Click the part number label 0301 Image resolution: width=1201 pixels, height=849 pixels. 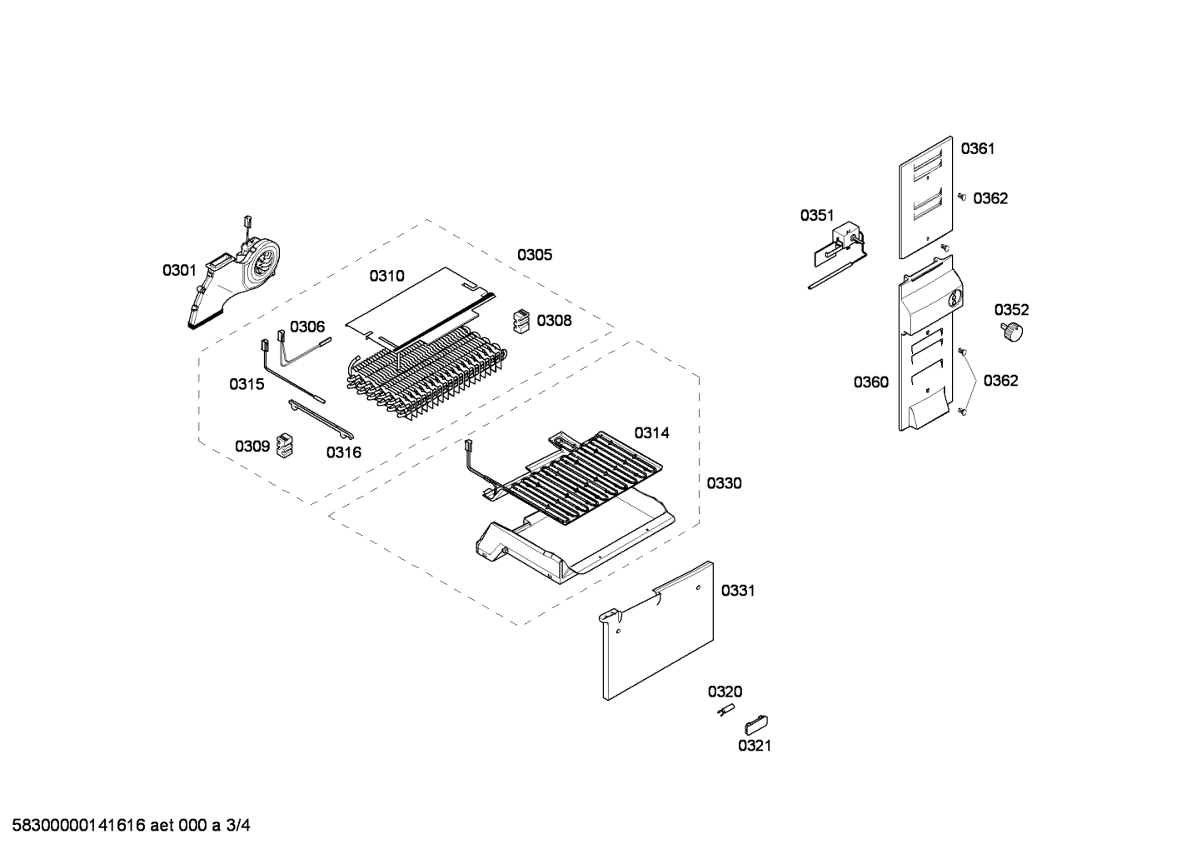(x=179, y=270)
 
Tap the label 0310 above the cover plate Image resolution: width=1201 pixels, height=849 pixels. (x=386, y=276)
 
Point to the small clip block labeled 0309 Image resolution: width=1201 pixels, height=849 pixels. (x=286, y=446)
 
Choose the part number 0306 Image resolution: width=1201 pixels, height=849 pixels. (x=307, y=327)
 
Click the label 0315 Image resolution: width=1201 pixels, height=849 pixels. (x=247, y=384)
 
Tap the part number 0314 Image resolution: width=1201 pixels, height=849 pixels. (x=651, y=432)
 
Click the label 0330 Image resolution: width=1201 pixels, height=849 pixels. (x=724, y=483)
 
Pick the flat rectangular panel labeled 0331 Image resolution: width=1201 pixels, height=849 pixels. (x=658, y=629)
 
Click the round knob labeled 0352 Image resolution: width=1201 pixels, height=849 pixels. (x=1011, y=332)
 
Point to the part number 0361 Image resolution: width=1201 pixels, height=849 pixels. (x=978, y=149)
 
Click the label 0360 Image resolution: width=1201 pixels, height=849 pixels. (x=870, y=382)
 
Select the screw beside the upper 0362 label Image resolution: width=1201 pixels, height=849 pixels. (x=961, y=197)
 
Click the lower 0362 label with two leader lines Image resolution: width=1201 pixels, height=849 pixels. (x=1000, y=381)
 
